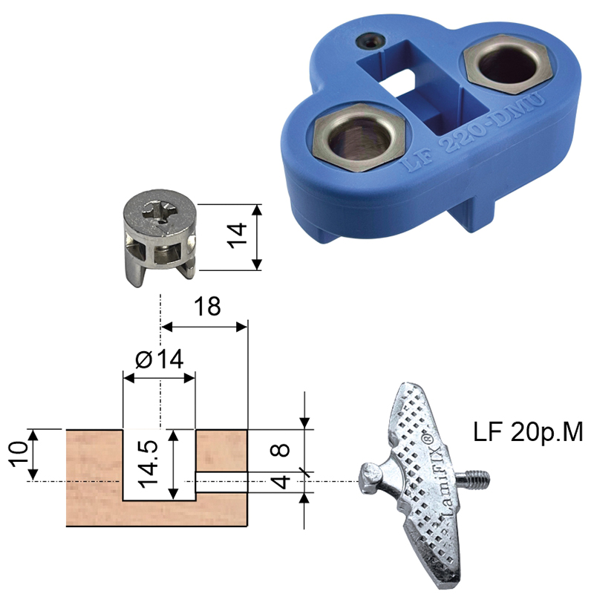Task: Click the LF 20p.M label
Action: (x=528, y=432)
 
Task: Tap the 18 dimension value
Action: (x=207, y=307)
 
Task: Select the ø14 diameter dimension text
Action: (x=160, y=359)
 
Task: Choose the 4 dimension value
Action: (x=281, y=482)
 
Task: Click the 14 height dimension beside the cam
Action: (x=237, y=236)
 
